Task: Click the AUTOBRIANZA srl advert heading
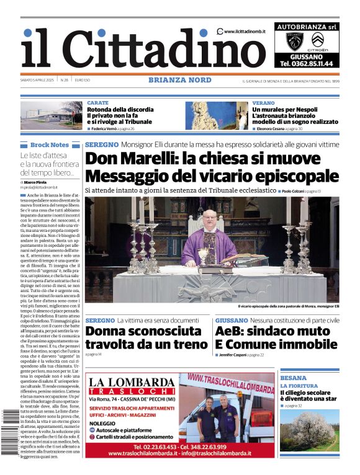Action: tap(306, 27)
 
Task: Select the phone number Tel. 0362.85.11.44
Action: tap(306, 63)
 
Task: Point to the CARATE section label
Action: tap(98, 103)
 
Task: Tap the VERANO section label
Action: tap(263, 103)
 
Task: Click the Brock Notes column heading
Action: tap(50, 144)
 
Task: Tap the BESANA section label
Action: tap(293, 378)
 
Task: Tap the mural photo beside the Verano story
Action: tap(217, 115)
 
